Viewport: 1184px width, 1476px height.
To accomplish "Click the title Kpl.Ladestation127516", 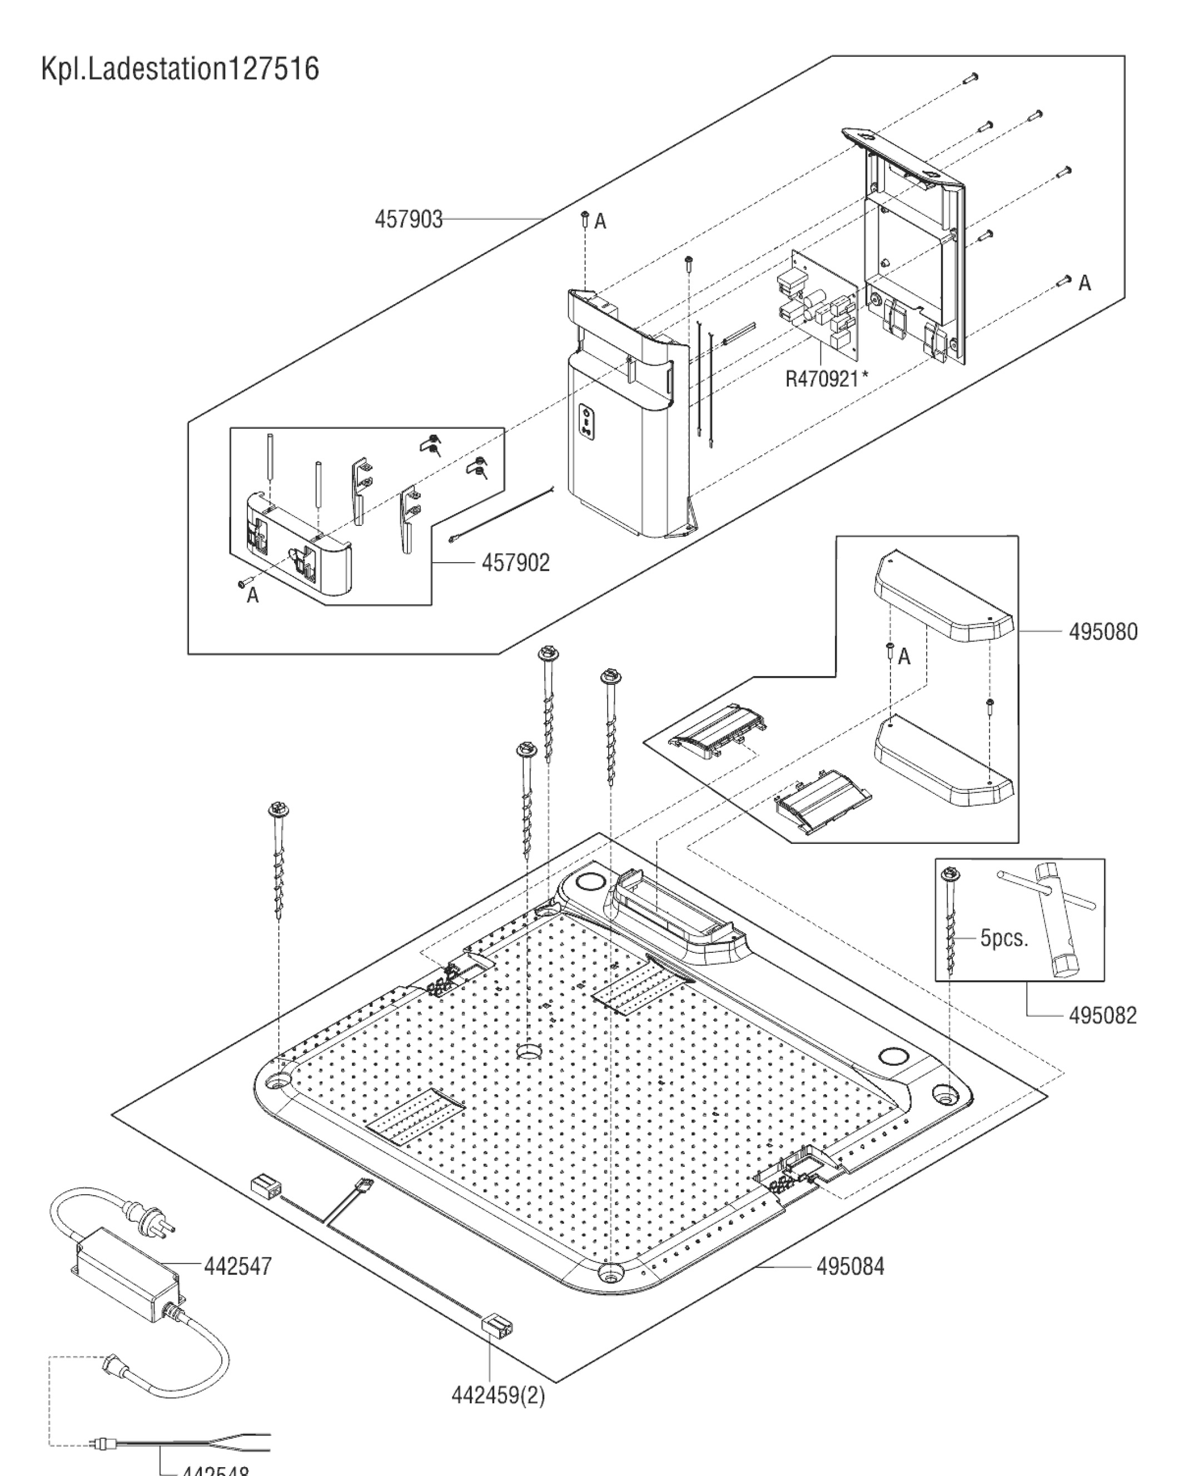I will [x=180, y=69].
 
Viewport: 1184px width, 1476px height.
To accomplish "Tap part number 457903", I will [x=409, y=220].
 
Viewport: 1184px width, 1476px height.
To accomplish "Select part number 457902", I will [x=515, y=563].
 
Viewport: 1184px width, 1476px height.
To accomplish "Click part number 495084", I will [x=850, y=1266].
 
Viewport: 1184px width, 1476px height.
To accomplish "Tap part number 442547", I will [x=237, y=1266].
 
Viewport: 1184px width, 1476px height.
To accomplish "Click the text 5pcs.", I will [x=1004, y=937].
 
